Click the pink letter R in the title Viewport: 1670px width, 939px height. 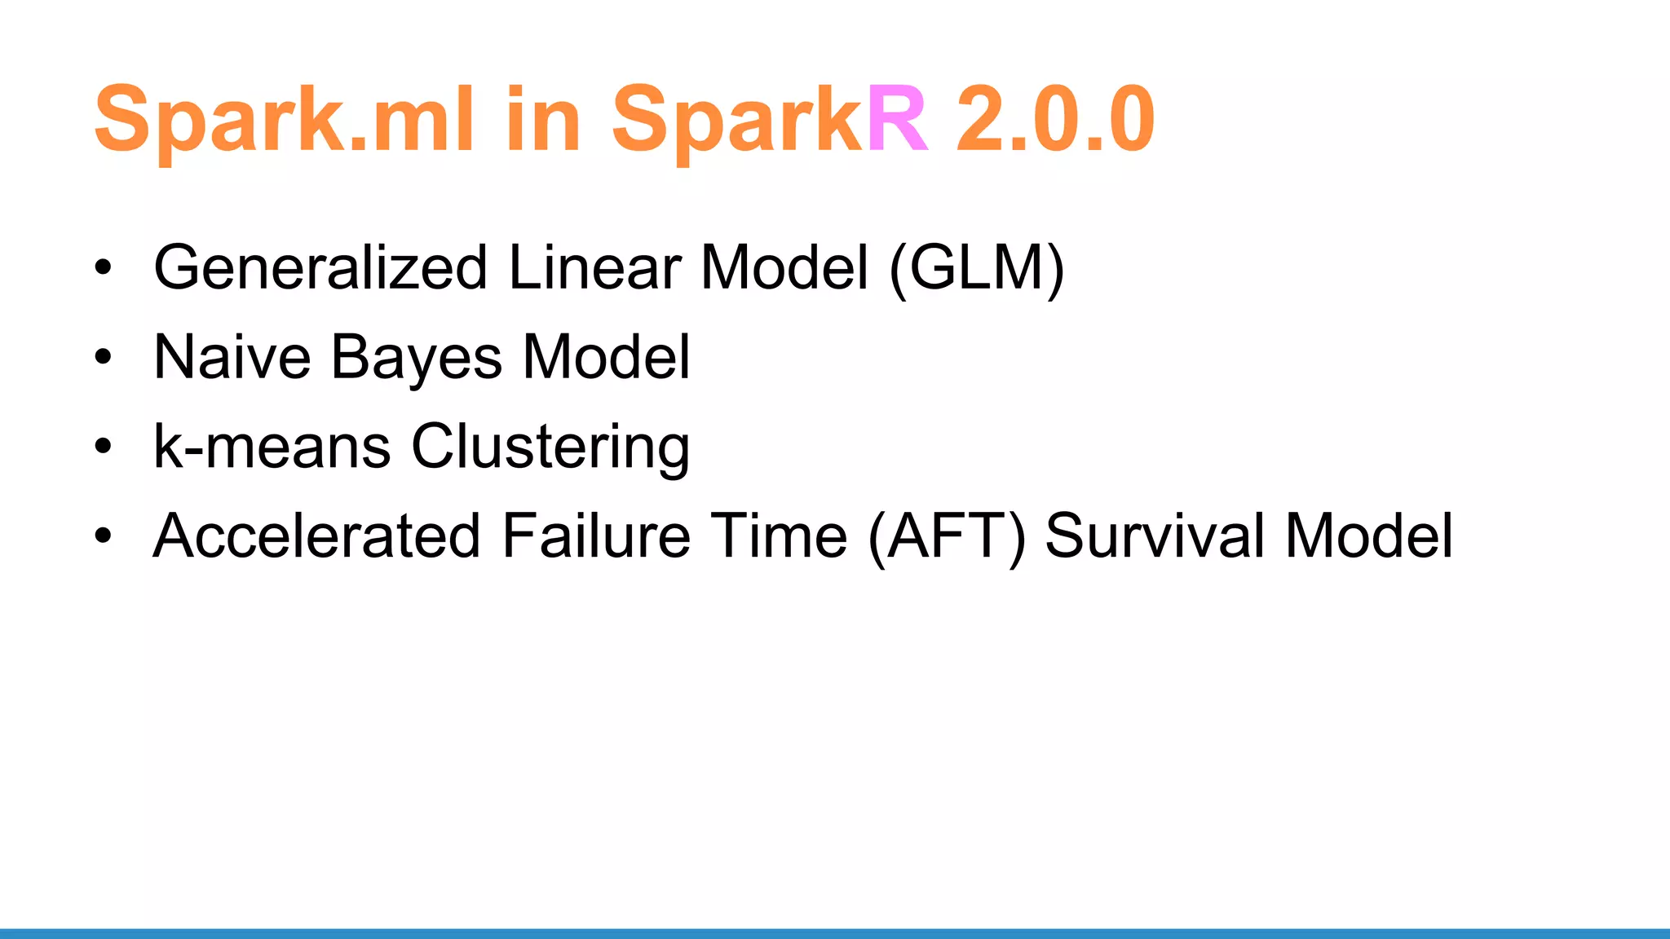(x=897, y=120)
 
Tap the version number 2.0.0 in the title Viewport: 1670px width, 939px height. (x=1055, y=120)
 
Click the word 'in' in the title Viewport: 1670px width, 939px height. (x=542, y=120)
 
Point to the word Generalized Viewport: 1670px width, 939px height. (x=320, y=267)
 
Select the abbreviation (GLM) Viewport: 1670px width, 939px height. (x=977, y=267)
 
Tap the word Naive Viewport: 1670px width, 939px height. (x=232, y=357)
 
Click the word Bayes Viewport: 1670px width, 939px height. (x=417, y=359)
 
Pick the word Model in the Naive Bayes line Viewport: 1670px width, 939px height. (x=607, y=357)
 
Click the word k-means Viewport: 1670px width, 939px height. (x=272, y=447)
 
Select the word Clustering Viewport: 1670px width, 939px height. (x=550, y=448)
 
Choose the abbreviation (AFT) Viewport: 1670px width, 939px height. (x=947, y=537)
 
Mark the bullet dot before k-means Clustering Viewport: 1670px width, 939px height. (x=103, y=447)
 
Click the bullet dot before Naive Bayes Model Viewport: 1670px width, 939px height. (x=103, y=357)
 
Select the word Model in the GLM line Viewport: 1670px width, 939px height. (x=784, y=267)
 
